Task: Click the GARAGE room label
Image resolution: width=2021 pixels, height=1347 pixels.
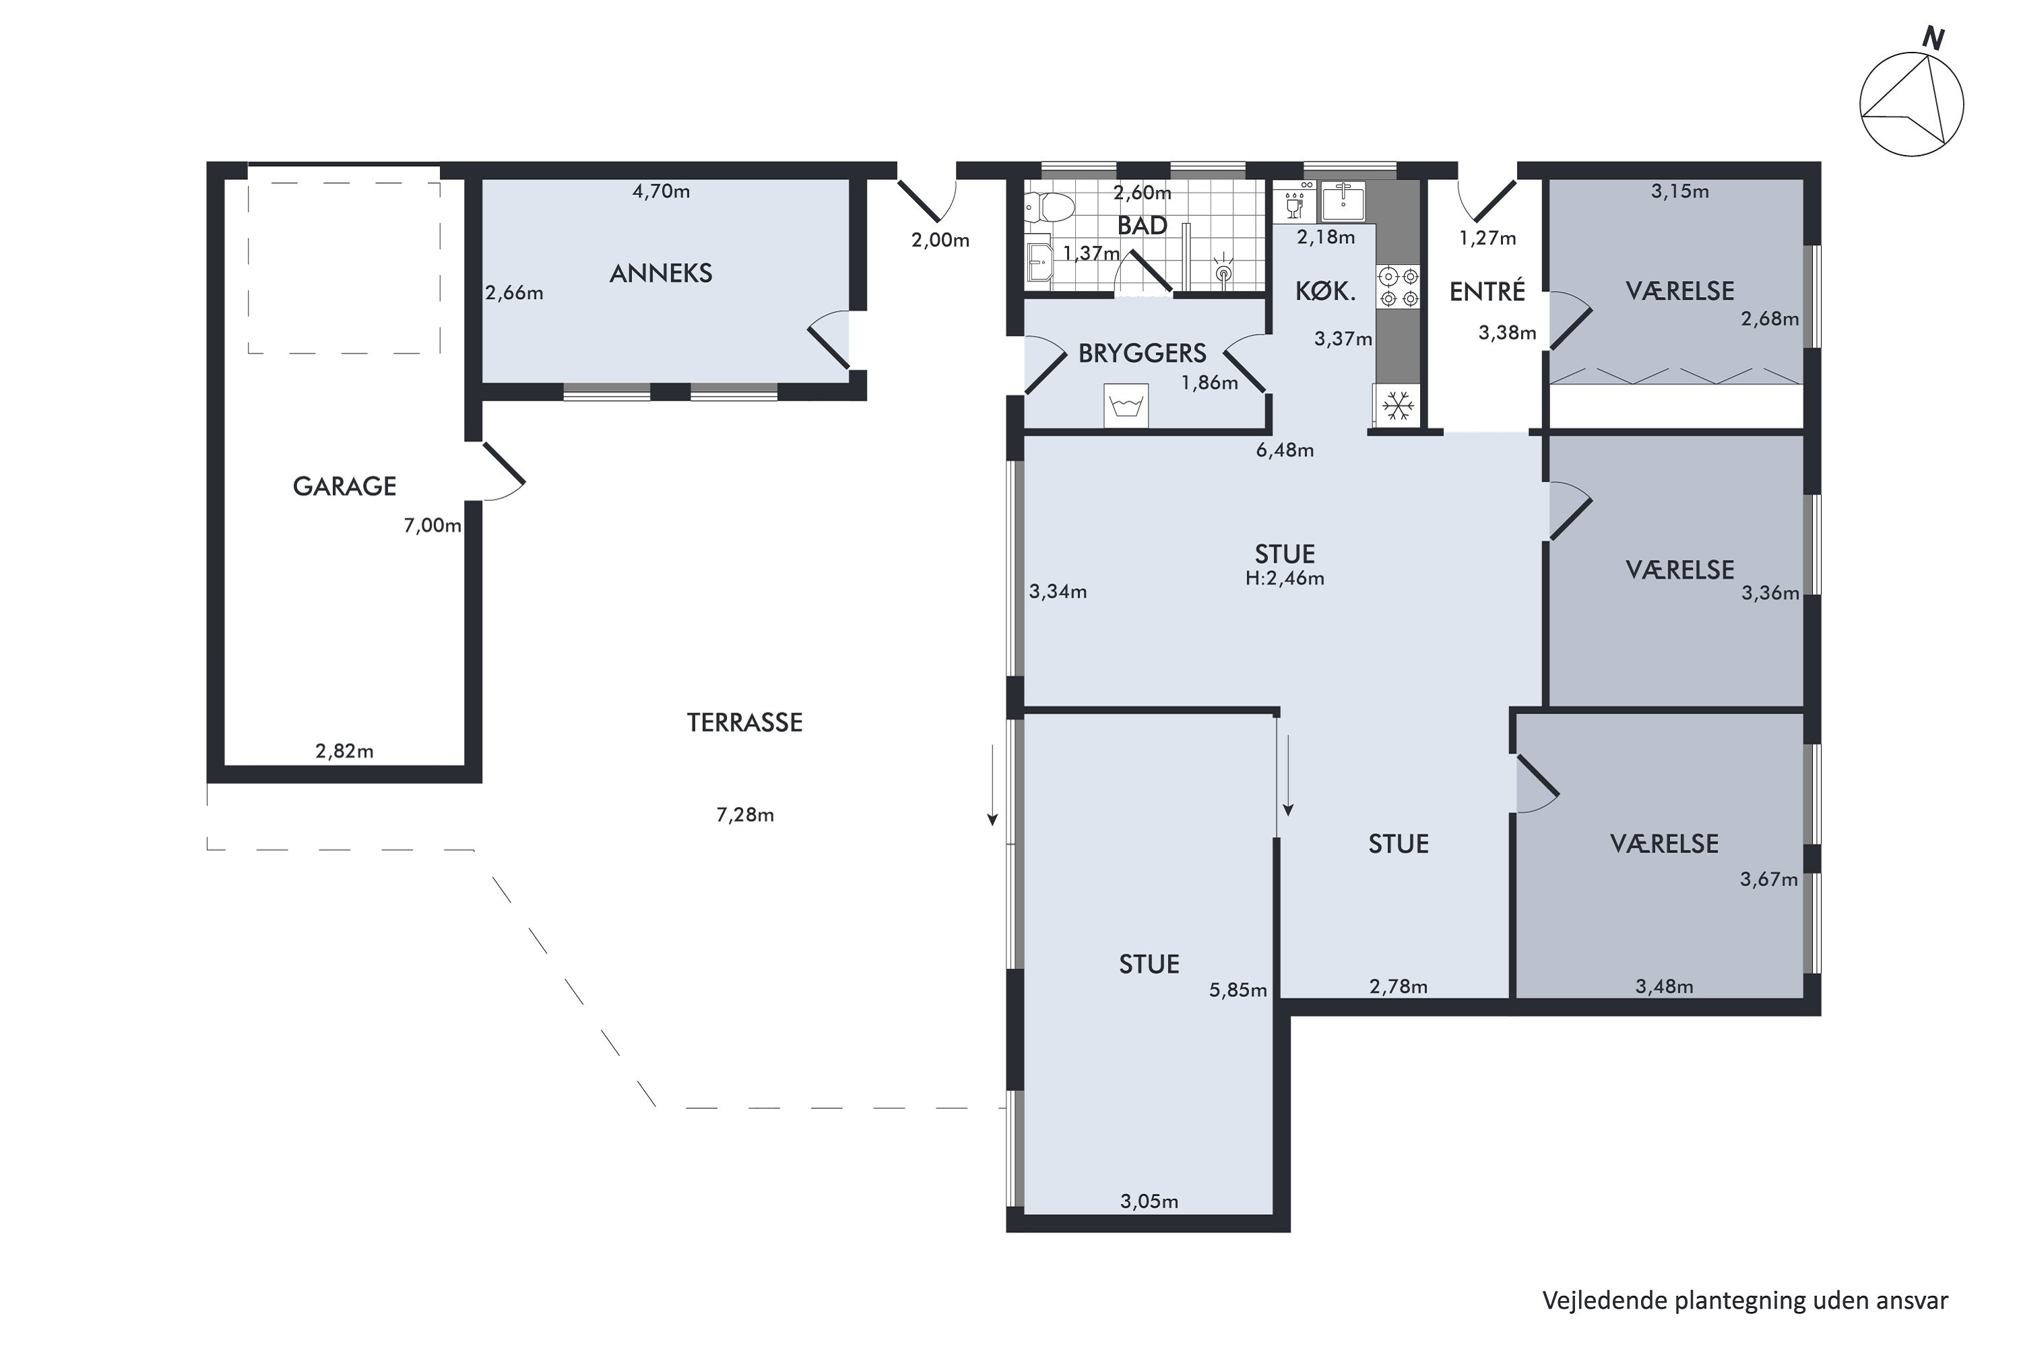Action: pos(344,486)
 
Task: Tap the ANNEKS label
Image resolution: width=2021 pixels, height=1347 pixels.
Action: pos(661,273)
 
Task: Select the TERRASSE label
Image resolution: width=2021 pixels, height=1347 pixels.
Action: pos(745,723)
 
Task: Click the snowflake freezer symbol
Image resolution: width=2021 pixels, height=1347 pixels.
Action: pos(1398,405)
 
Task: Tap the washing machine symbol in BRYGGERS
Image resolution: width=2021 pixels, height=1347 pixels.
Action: pos(1126,406)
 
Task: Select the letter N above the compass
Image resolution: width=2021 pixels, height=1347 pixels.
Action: pos(1933,38)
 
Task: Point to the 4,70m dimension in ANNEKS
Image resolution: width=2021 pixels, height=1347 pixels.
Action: pos(661,191)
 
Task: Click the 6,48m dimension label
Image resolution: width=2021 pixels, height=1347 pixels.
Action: pos(1285,450)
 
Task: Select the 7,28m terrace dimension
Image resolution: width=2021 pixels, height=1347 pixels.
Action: pos(745,814)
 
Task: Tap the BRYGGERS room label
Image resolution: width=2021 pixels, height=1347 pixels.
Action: pos(1142,353)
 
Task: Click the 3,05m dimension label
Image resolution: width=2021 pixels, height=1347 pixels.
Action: pos(1149,1202)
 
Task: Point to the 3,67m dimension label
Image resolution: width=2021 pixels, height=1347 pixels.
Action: pos(1768,880)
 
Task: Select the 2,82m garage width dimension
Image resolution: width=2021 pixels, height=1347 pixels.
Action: pos(344,752)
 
